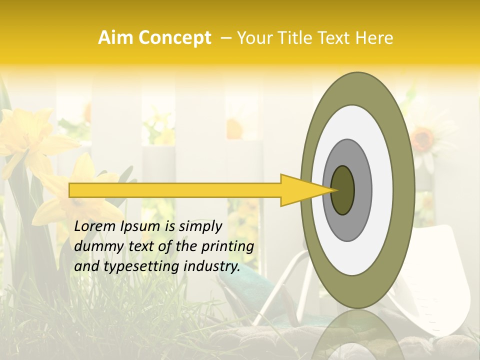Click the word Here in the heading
point(374,38)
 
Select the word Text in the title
point(337,38)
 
